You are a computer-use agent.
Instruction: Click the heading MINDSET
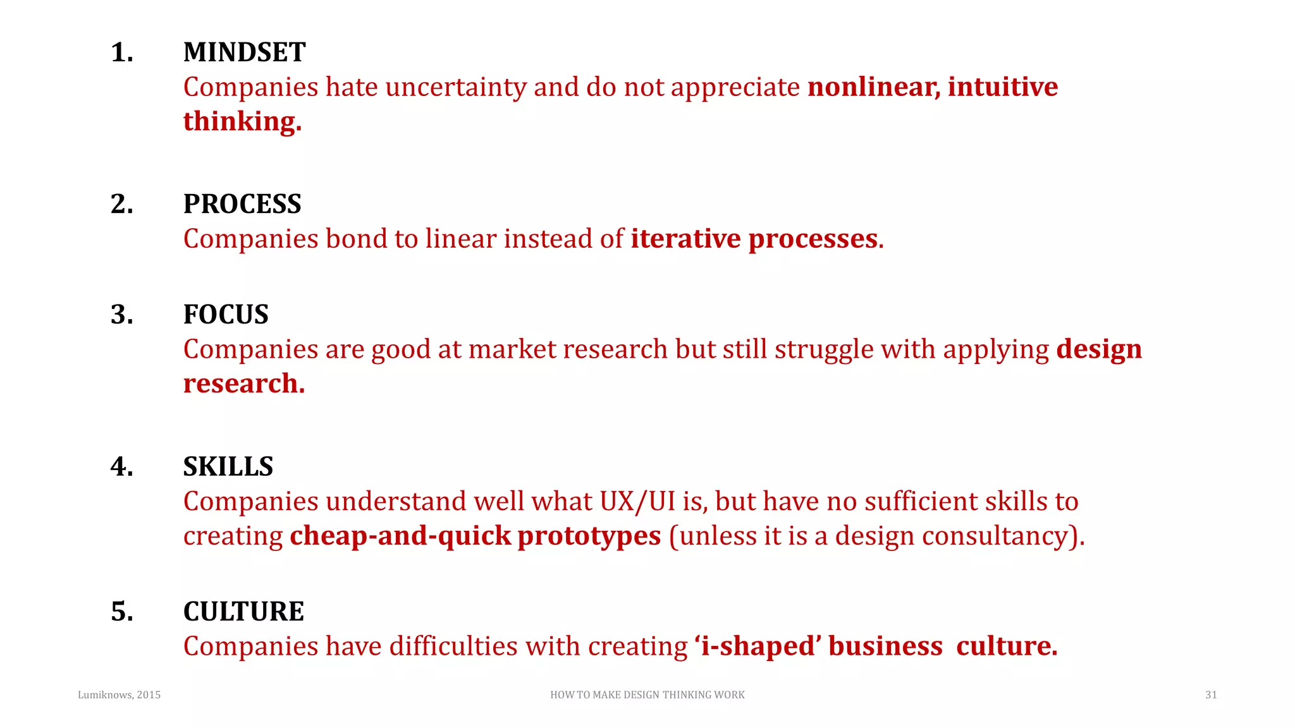(x=244, y=52)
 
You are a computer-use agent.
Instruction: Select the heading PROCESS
(x=242, y=204)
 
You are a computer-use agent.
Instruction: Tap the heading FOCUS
(x=226, y=315)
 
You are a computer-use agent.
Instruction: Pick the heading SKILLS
(x=228, y=467)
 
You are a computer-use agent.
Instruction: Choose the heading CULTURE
(x=243, y=612)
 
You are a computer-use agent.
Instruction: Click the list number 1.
(x=121, y=52)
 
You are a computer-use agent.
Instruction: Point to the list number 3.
(x=121, y=315)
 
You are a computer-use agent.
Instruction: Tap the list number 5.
(x=121, y=612)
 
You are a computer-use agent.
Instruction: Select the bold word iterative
(x=685, y=239)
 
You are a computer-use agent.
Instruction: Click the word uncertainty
(x=455, y=87)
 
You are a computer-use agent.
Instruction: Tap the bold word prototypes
(x=589, y=537)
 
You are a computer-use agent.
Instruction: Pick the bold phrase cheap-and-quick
(x=400, y=537)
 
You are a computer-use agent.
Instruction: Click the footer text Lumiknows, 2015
(x=119, y=695)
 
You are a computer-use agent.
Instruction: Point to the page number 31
(x=1211, y=695)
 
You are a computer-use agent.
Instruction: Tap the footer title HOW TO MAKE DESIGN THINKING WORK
(x=647, y=695)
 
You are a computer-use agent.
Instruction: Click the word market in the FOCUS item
(x=512, y=349)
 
